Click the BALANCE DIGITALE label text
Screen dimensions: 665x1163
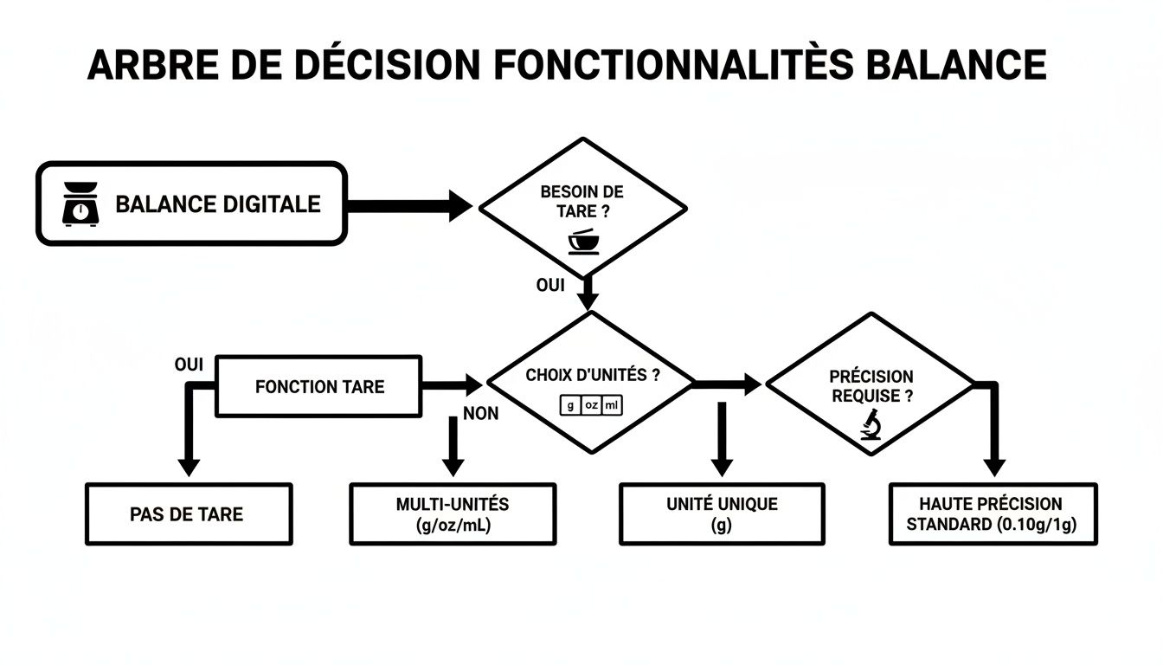(217, 204)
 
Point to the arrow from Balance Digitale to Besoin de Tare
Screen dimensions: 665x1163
(407, 206)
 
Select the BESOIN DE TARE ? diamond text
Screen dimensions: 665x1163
(581, 201)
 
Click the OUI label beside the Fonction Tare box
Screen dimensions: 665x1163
(189, 365)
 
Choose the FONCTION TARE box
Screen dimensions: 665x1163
(318, 386)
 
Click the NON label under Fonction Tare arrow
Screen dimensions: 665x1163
(480, 414)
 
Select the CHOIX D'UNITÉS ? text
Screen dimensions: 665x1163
(592, 375)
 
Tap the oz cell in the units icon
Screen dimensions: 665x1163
(591, 404)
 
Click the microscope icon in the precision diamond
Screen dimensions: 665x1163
(871, 423)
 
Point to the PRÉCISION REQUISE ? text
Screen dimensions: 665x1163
(871, 385)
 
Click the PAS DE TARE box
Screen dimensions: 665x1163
(189, 514)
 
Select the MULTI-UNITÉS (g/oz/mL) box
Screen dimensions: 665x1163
(452, 514)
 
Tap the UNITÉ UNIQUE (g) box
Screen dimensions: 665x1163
(722, 514)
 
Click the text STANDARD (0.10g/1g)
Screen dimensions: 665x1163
(993, 525)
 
